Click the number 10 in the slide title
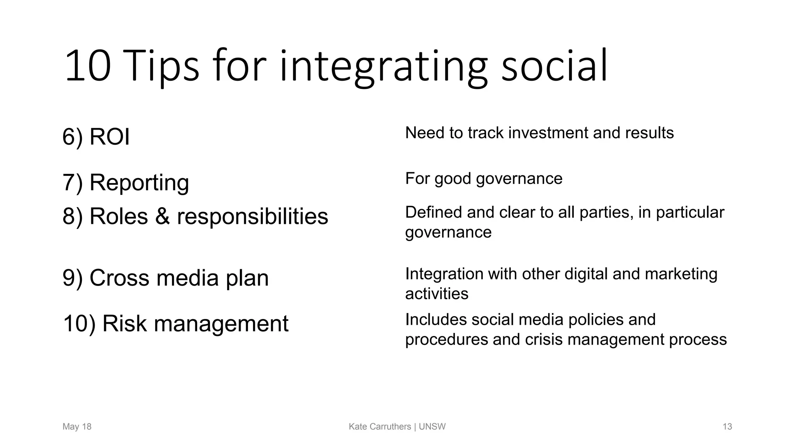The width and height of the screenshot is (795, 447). [88, 66]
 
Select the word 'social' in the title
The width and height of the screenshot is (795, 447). [554, 66]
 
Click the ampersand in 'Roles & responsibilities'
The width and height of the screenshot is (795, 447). [162, 216]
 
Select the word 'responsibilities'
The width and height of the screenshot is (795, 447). [252, 216]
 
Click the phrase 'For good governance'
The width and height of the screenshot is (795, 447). [483, 178]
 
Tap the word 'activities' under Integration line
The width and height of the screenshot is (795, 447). [437, 294]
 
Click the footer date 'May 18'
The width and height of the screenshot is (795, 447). [77, 427]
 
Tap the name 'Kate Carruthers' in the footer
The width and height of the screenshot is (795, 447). [380, 427]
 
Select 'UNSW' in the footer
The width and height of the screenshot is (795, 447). [432, 427]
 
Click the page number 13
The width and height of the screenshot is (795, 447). [727, 427]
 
